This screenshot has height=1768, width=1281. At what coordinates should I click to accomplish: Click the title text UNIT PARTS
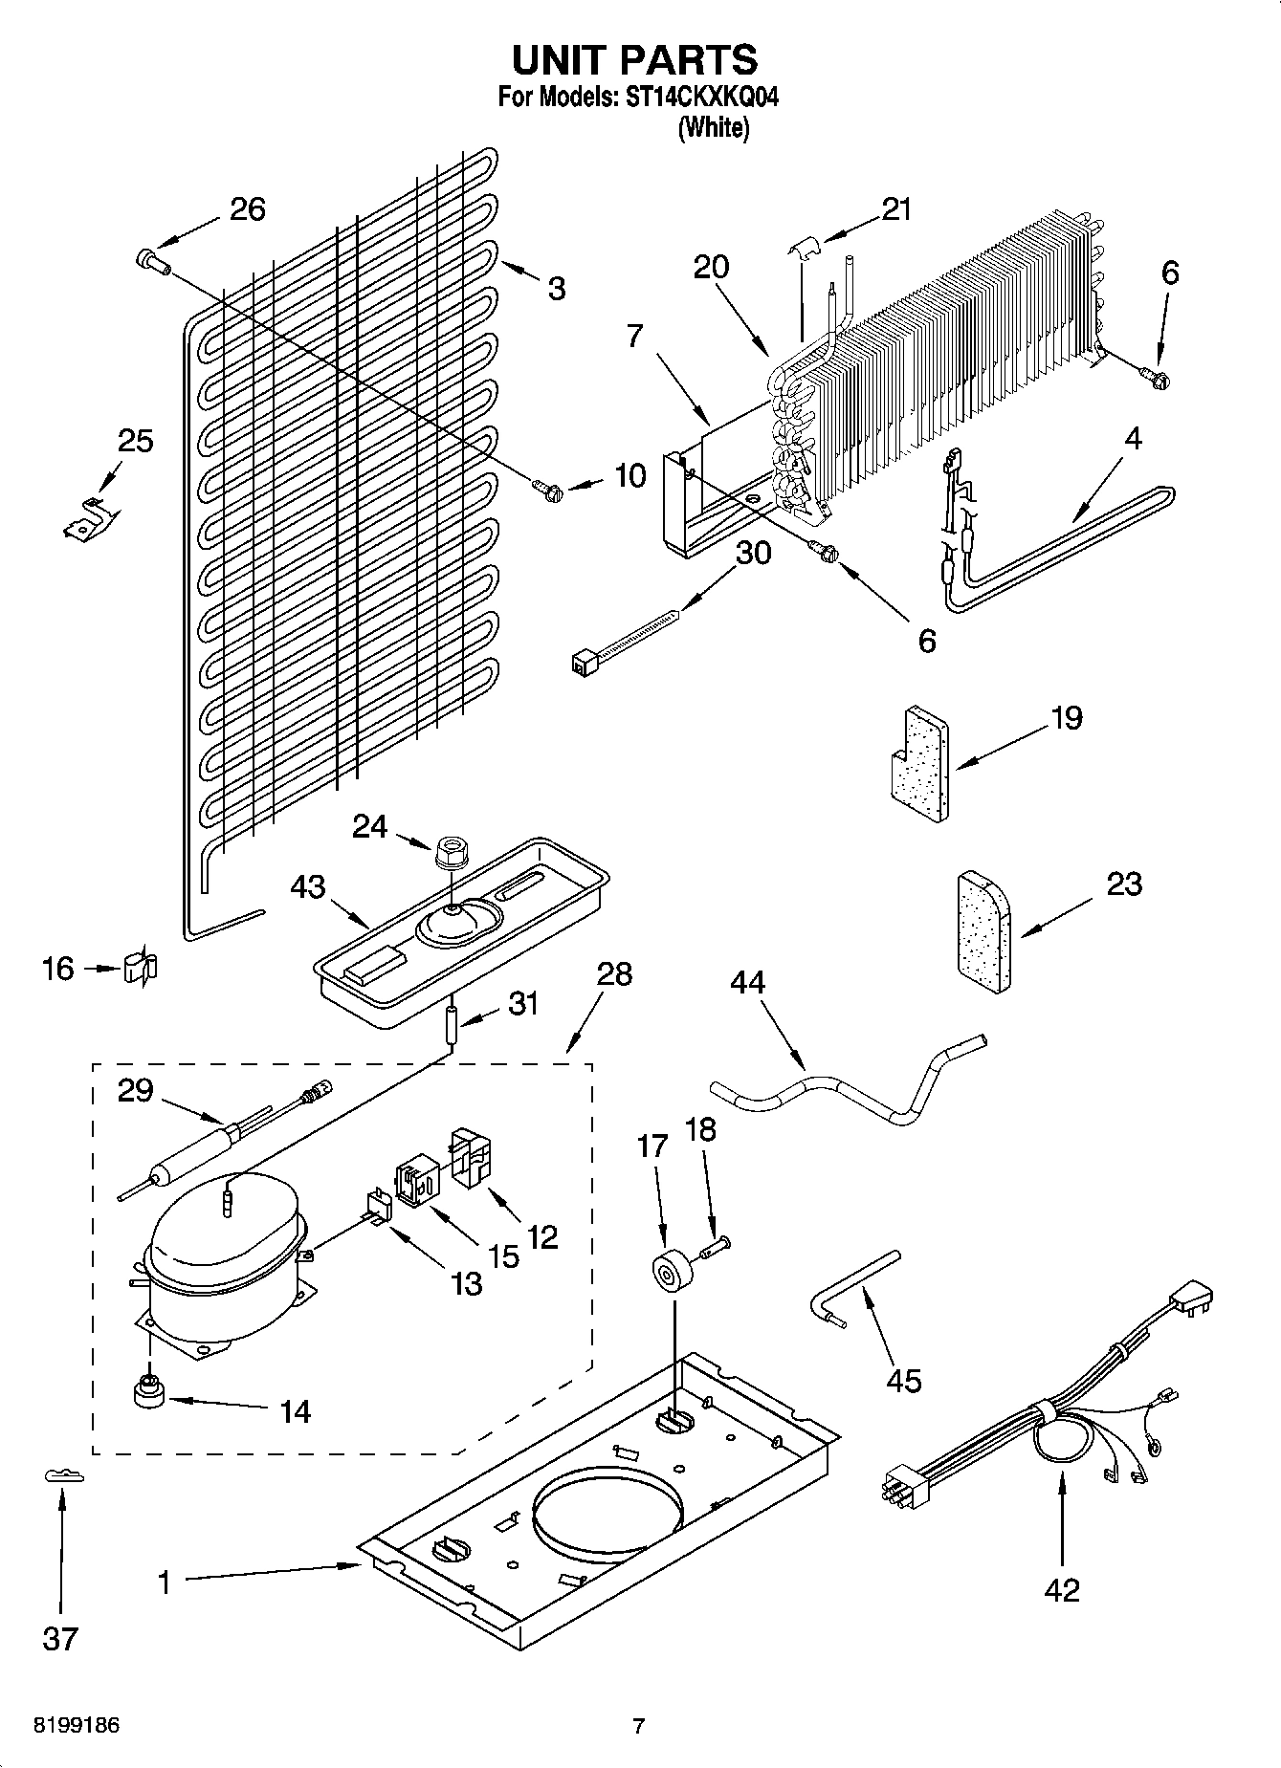635,59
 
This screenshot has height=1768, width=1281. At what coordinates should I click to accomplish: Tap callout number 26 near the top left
248,209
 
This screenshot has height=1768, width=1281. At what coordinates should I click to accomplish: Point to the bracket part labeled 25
89,517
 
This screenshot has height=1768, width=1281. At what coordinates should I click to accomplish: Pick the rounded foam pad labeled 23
984,931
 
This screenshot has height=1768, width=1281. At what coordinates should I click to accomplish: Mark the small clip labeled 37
64,1476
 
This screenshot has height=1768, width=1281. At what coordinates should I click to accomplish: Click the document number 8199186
77,1725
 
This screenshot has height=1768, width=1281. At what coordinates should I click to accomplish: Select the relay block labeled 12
471,1158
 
